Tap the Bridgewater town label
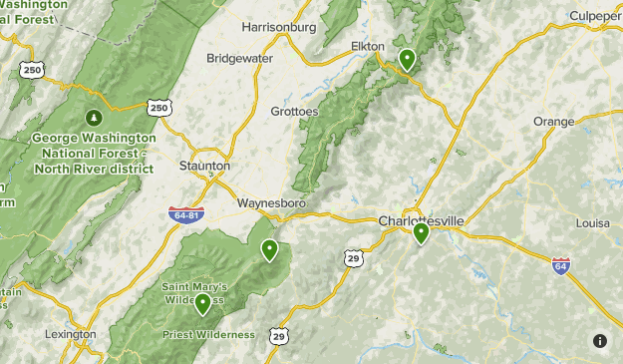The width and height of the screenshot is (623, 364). [239, 58]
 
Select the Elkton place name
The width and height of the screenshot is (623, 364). [369, 46]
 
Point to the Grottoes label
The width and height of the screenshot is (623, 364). [295, 112]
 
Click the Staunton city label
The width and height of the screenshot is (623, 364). [204, 166]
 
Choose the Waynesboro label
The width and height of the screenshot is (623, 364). [271, 203]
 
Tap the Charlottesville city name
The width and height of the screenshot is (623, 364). [423, 220]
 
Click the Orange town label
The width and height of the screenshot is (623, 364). [554, 122]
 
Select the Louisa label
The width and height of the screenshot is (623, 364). [592, 223]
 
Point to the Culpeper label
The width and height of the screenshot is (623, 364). [595, 15]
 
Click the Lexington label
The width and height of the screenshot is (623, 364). [72, 334]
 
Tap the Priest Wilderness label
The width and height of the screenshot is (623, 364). [208, 334]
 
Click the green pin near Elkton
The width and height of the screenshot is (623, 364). [407, 60]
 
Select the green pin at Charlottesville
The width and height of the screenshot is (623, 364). [421, 233]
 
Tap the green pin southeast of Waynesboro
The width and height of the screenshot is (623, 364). [269, 249]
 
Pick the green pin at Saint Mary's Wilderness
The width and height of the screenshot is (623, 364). [203, 303]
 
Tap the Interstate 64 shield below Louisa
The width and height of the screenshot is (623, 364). [560, 266]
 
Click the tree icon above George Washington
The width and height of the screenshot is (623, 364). [95, 117]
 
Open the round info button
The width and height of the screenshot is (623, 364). [599, 341]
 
